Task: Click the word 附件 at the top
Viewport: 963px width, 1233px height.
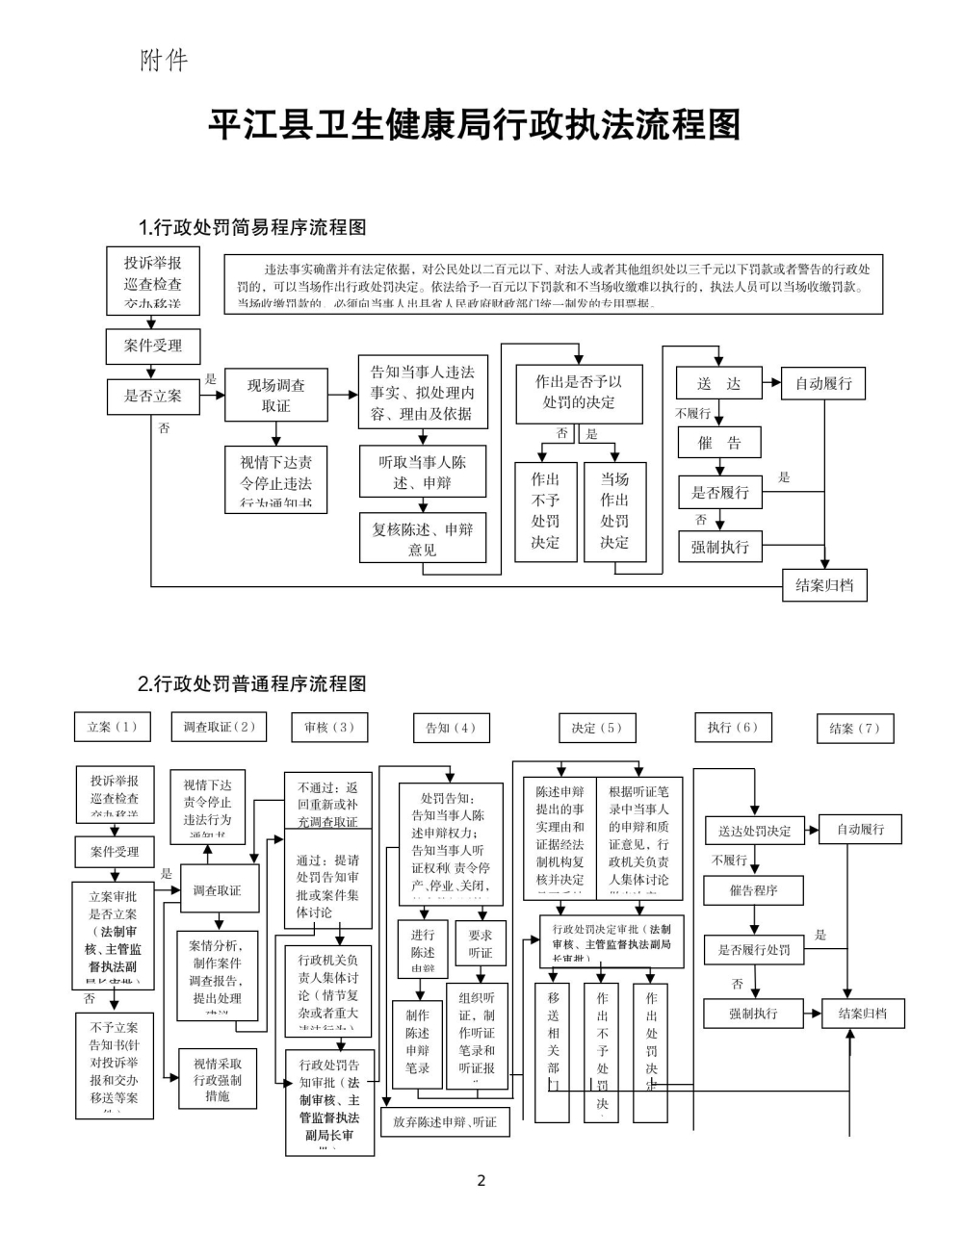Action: tap(164, 61)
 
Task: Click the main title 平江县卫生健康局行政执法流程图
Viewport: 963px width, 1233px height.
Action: tap(475, 125)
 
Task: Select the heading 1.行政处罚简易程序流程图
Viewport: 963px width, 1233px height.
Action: tap(252, 227)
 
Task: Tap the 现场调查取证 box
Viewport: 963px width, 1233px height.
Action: tap(276, 396)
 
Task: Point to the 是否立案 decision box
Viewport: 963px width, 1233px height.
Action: tap(152, 396)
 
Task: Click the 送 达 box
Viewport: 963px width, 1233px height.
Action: tap(718, 383)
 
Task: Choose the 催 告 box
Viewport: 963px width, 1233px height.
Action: tap(718, 443)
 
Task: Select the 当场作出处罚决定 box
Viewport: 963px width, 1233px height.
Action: tap(614, 510)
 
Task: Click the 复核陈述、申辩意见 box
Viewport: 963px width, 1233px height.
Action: tap(422, 539)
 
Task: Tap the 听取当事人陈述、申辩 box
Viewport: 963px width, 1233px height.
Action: tap(422, 472)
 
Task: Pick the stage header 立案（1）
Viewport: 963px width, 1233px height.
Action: tap(113, 727)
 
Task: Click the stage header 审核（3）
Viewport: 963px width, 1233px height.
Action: tap(329, 728)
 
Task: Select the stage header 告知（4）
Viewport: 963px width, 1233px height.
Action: tap(451, 729)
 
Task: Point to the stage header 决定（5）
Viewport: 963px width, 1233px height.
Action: tap(597, 729)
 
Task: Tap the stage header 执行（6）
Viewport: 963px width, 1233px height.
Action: tap(733, 728)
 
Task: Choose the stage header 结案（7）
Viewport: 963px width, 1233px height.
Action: tap(855, 729)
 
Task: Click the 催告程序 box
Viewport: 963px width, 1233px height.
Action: tap(753, 890)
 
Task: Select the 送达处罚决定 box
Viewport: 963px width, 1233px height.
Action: tap(754, 831)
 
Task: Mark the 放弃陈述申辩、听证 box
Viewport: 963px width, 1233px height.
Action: tap(445, 1121)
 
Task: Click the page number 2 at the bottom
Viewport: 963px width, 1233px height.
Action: tap(481, 1181)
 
